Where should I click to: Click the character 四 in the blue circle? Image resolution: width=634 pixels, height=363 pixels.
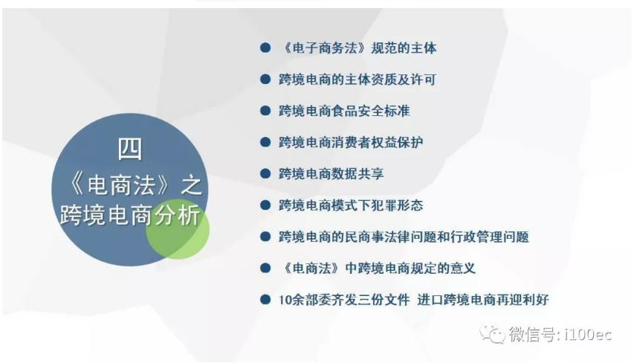(130, 149)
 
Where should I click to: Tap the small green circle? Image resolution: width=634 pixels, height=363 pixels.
(178, 228)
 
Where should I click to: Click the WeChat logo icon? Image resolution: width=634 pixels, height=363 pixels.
(492, 334)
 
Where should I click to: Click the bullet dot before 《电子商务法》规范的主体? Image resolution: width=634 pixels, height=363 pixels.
(265, 48)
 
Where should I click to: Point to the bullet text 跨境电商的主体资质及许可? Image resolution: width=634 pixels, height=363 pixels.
(357, 80)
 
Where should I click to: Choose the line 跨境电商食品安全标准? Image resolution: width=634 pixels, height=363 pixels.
(344, 111)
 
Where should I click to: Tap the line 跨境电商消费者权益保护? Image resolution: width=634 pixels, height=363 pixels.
(351, 143)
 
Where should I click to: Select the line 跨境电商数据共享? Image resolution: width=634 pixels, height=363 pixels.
(331, 173)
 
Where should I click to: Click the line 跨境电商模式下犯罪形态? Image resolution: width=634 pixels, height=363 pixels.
(351, 205)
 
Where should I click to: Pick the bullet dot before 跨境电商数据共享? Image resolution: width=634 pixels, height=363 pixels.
(265, 173)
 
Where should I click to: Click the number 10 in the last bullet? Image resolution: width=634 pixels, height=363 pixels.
(284, 300)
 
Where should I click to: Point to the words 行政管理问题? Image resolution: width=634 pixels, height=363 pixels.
(490, 237)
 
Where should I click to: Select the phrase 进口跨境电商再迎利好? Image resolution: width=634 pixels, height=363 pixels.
(483, 300)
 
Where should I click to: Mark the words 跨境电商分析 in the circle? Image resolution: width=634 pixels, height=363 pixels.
(130, 215)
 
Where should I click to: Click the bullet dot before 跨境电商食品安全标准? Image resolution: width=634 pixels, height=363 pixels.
(265, 111)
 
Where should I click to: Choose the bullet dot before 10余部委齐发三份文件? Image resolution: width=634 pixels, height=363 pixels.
(265, 300)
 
